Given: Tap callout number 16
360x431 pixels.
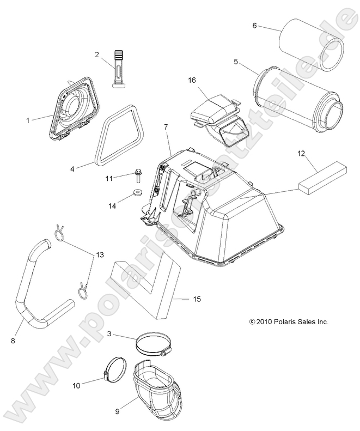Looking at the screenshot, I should coord(192,80).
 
